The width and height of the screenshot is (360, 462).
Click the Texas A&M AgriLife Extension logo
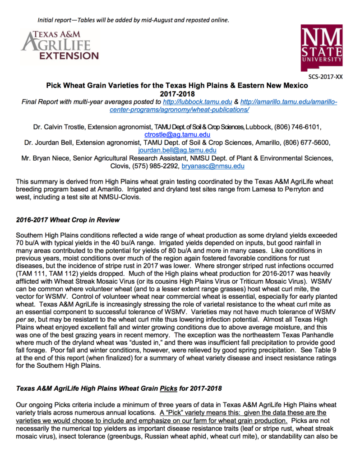point(60,46)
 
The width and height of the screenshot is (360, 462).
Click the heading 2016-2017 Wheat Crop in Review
point(68,220)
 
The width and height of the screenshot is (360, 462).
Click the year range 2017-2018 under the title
point(180,94)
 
